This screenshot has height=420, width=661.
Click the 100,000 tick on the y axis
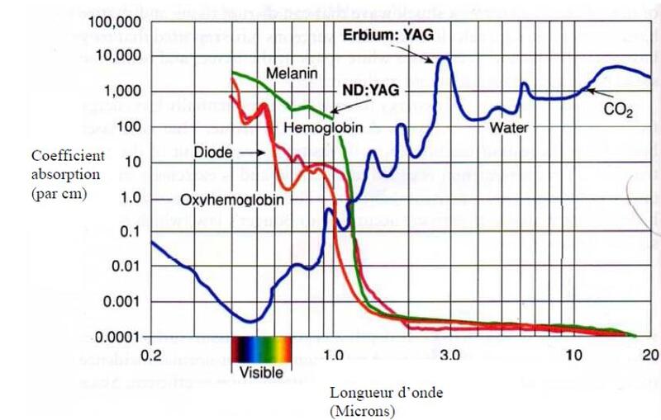[x=117, y=20]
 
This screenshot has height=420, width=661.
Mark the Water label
[x=508, y=128]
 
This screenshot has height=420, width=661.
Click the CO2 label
[x=617, y=109]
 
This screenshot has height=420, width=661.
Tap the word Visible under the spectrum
[x=261, y=371]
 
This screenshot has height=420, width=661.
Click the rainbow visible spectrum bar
[x=261, y=349]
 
